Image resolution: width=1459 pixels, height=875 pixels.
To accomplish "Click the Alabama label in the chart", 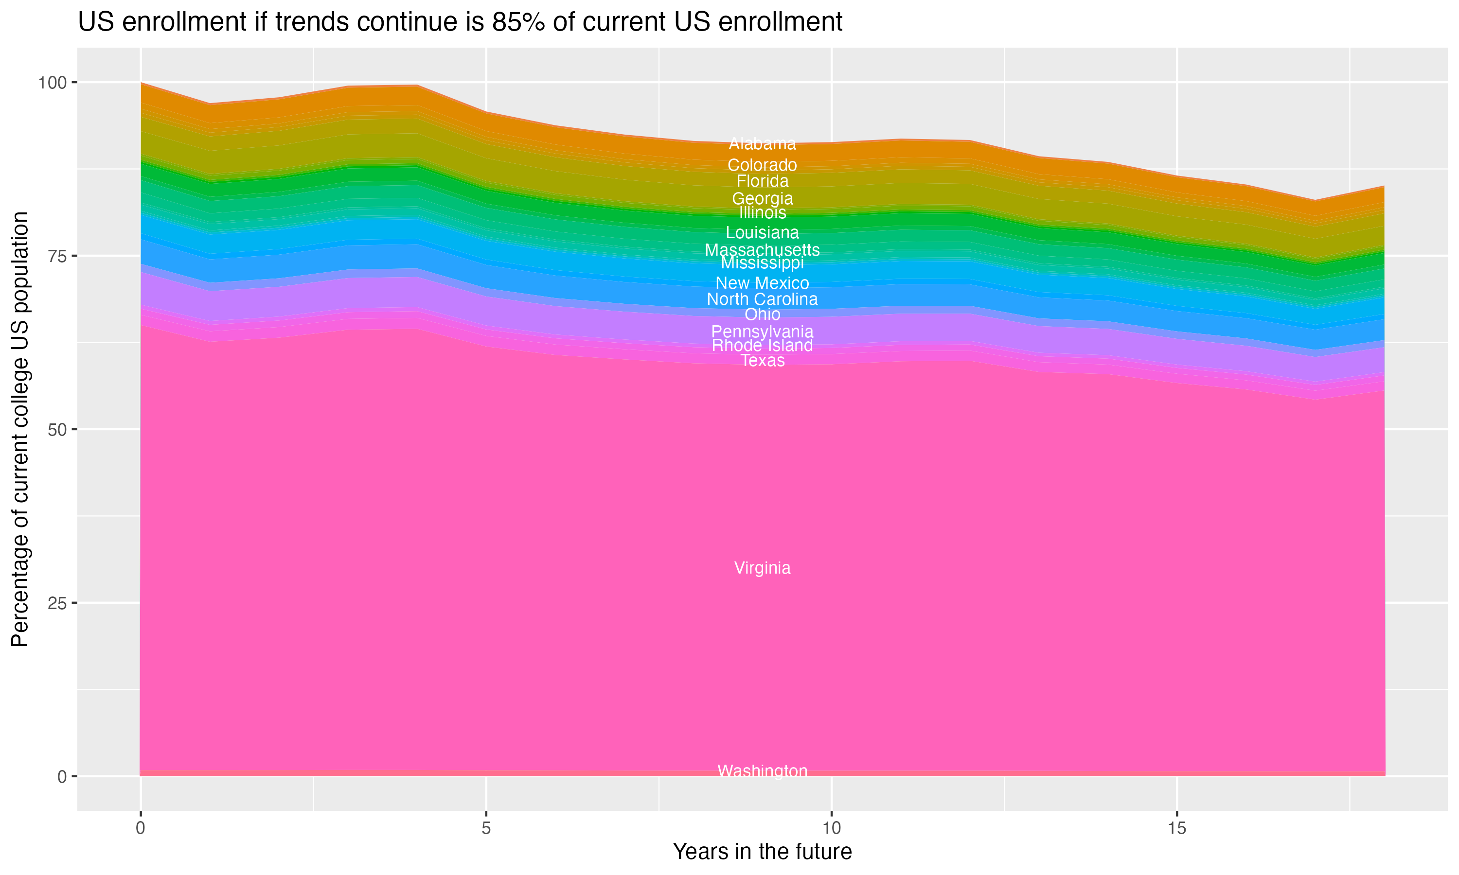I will click(762, 144).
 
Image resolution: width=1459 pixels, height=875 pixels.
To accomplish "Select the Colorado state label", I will click(762, 165).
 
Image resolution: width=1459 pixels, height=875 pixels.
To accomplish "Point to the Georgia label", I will click(762, 199).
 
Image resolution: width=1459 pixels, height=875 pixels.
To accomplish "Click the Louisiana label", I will click(762, 233).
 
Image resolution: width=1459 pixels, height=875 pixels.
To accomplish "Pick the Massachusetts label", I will click(762, 250).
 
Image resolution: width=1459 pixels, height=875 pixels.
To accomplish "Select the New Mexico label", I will click(762, 283).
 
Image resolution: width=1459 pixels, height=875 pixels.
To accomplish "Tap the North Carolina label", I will click(762, 299).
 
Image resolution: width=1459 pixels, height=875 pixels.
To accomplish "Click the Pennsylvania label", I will click(762, 332).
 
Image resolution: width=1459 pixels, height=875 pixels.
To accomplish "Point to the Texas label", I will click(762, 361).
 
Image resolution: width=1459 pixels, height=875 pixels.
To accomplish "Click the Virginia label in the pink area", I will click(762, 568).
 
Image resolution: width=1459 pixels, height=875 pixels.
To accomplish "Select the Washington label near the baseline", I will click(762, 771).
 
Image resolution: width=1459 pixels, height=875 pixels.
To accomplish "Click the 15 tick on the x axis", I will click(1176, 829).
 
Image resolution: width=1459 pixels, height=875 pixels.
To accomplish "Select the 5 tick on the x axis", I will click(486, 829).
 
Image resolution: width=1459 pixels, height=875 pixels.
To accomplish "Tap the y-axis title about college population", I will click(20, 429).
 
